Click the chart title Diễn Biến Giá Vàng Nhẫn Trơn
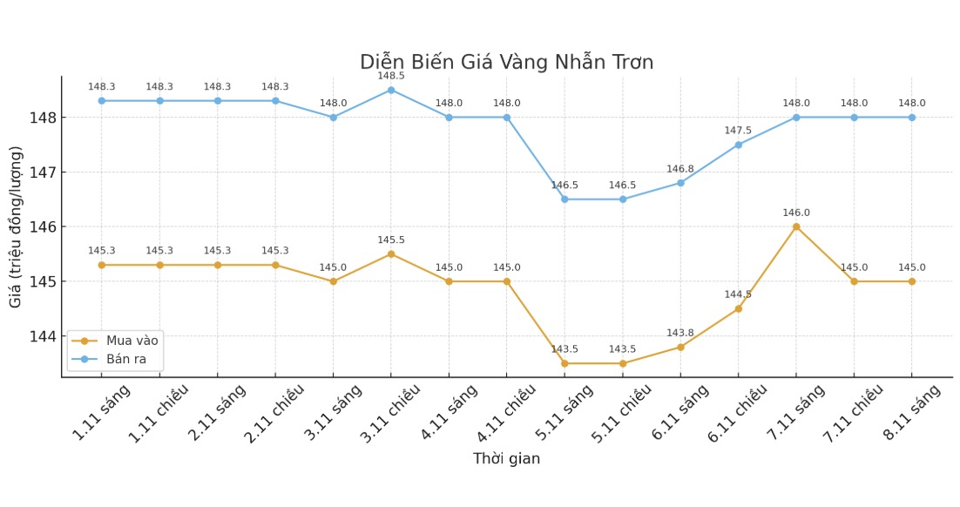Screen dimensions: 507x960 pyautogui.click(x=506, y=63)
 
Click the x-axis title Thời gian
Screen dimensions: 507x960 pyautogui.click(x=506, y=459)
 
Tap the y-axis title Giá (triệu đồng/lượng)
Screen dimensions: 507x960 pyautogui.click(x=17, y=226)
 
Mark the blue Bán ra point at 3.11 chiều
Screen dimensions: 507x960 pyautogui.click(x=391, y=90)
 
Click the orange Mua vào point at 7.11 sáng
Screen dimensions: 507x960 pyautogui.click(x=796, y=226)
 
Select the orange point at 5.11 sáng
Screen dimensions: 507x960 pyautogui.click(x=565, y=363)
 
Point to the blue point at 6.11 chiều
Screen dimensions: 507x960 pyautogui.click(x=739, y=145)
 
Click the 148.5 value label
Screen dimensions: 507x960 pyautogui.click(x=391, y=76)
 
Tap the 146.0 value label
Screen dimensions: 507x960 pyautogui.click(x=796, y=213)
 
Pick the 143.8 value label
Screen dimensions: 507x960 pyautogui.click(x=680, y=333)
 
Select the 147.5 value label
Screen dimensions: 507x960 pyautogui.click(x=739, y=131)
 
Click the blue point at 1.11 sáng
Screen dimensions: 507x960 pyautogui.click(x=102, y=101)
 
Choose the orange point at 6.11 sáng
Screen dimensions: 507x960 pyautogui.click(x=680, y=347)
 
